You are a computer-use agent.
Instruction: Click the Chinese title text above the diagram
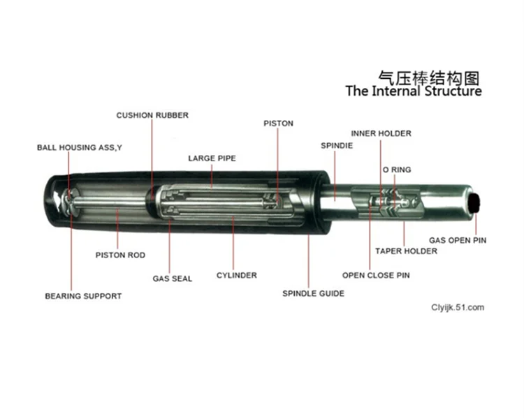(429, 76)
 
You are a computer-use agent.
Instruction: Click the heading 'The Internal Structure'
(414, 91)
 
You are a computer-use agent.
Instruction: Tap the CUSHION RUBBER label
(152, 115)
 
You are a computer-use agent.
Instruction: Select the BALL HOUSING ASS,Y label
(80, 148)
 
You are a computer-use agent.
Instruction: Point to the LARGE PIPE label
(212, 158)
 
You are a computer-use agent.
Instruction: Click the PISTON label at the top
(278, 124)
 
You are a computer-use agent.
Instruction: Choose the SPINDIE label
(336, 146)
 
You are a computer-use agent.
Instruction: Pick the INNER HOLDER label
(381, 133)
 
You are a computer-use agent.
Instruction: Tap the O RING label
(396, 170)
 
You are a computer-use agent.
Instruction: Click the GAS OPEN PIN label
(458, 241)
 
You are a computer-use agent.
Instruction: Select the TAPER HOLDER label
(406, 251)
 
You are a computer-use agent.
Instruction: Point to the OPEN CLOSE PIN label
(376, 276)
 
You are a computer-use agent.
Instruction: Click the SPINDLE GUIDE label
(313, 294)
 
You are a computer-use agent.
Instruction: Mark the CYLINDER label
(236, 276)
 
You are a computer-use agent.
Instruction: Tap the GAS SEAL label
(173, 278)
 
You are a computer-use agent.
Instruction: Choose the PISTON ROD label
(120, 255)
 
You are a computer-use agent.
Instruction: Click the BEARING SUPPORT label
(83, 297)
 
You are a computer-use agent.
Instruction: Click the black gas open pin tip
(476, 203)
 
